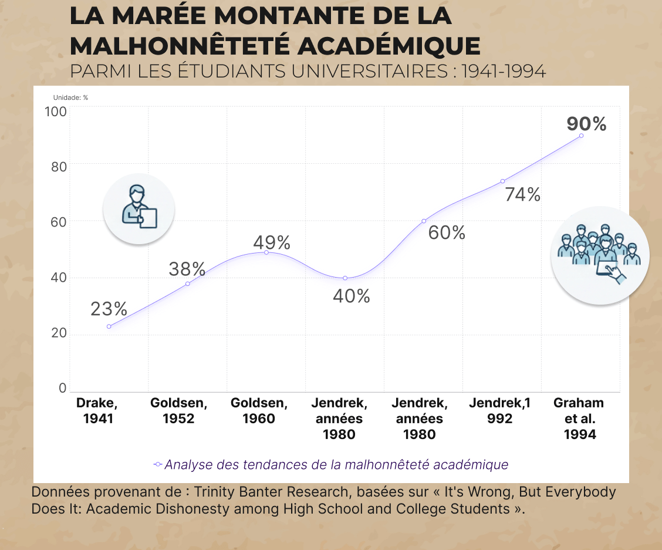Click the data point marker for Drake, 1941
109,326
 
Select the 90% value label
586,124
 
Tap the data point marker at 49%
266,252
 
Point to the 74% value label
522,194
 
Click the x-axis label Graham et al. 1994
579,419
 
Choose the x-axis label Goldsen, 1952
179,411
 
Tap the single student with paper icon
139,208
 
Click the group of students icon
600,255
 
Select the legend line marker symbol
157,465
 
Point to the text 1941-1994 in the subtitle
504,72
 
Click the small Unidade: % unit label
70,97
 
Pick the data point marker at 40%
345,278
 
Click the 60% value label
446,233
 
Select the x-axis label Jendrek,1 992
499,411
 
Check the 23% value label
109,309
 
